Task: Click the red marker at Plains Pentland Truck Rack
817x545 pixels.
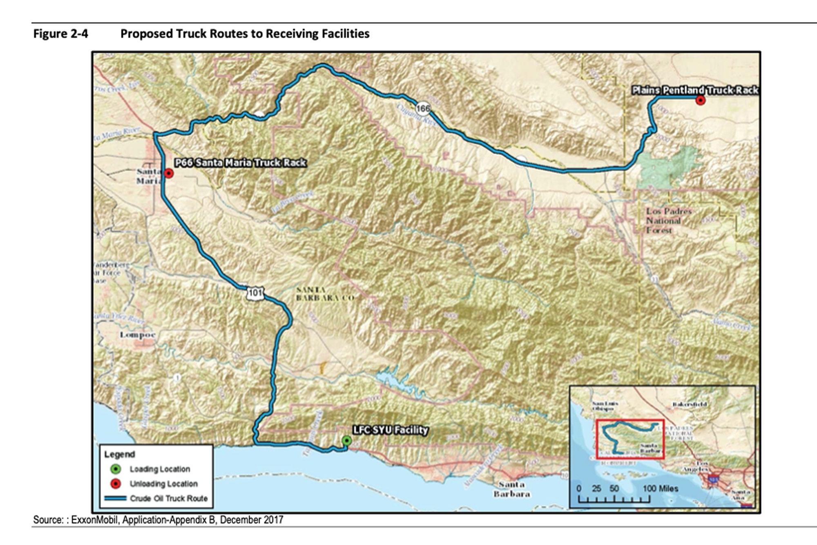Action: click(x=700, y=101)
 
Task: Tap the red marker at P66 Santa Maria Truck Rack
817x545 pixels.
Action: click(x=169, y=173)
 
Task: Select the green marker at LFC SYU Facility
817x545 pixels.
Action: click(x=346, y=441)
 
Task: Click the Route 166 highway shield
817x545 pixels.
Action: click(x=423, y=108)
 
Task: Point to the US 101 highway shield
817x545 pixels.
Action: click(x=255, y=293)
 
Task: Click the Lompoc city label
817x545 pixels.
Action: click(x=138, y=335)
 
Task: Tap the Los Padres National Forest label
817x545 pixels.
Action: click(x=668, y=221)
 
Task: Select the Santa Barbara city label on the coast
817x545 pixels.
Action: click(x=512, y=489)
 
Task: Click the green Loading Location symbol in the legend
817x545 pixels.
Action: click(x=116, y=469)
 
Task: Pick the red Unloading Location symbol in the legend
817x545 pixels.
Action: click(x=116, y=484)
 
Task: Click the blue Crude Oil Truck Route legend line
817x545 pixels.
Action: click(x=115, y=498)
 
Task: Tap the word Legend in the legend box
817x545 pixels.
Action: click(x=119, y=454)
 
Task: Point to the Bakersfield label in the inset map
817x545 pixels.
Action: click(x=690, y=404)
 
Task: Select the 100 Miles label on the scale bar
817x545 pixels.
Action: click(x=660, y=489)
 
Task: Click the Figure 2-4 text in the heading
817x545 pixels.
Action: click(x=60, y=34)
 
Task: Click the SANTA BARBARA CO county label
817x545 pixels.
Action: click(x=325, y=294)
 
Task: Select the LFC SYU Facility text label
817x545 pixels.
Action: click(x=390, y=430)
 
